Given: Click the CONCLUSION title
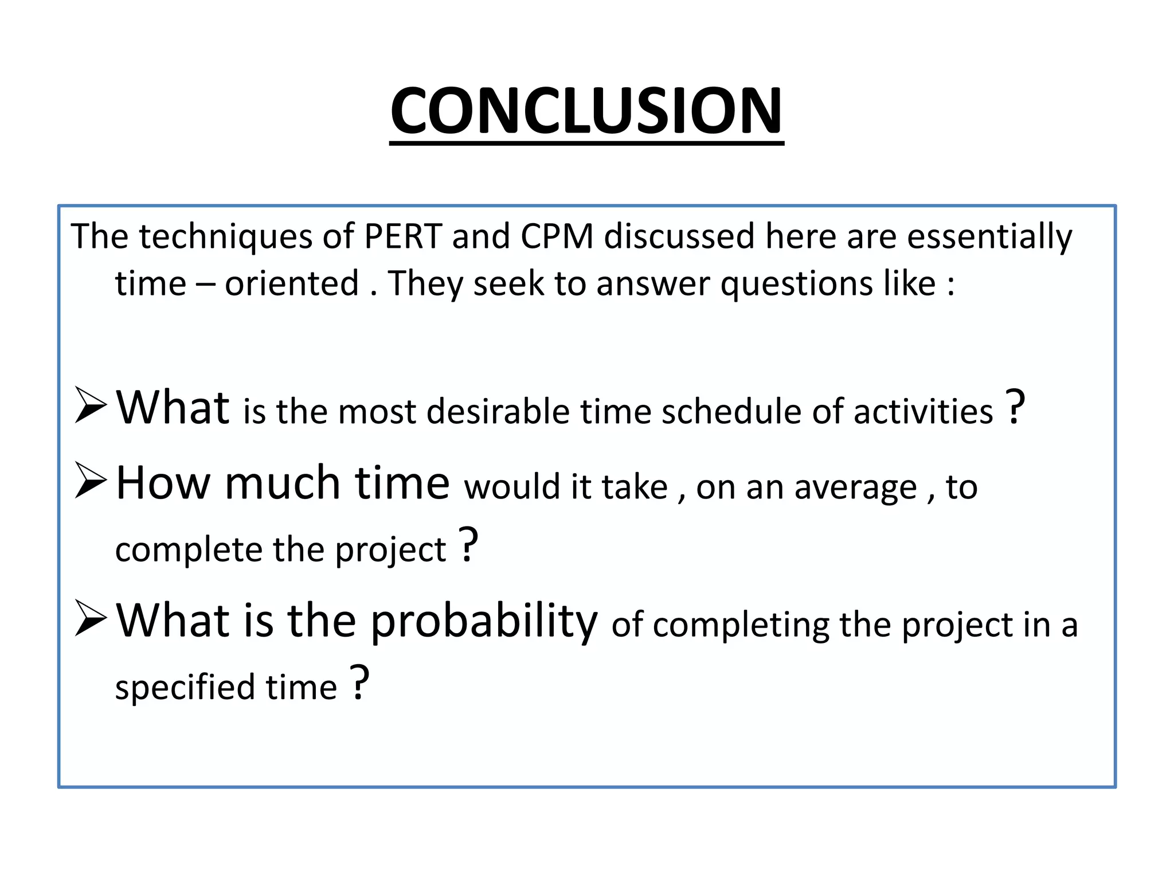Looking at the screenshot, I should click(x=586, y=110).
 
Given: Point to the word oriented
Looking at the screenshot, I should click(x=291, y=283).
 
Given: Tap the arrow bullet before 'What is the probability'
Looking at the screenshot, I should click(x=91, y=618).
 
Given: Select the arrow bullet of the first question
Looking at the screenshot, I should click(x=91, y=405).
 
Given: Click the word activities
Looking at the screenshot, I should click(x=923, y=411).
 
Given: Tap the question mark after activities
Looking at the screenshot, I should click(x=1015, y=407).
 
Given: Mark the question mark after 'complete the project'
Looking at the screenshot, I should click(x=469, y=544).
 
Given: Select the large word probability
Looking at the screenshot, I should click(x=484, y=621).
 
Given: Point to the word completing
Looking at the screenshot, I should click(x=741, y=625).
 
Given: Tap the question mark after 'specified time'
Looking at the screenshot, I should click(x=359, y=682).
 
